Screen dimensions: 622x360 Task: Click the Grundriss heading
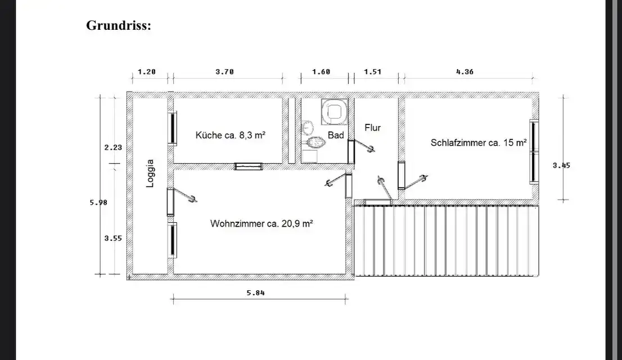[x=119, y=26]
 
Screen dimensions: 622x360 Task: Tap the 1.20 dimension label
[x=146, y=72]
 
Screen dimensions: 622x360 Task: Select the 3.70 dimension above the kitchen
[x=224, y=72]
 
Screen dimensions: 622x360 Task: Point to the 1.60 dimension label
[x=321, y=72]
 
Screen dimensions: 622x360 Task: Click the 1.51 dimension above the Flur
[x=372, y=72]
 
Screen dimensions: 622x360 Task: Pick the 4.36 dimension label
[x=465, y=72]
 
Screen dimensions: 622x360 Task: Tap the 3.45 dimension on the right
[x=561, y=165]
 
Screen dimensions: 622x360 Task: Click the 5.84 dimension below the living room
[x=255, y=293]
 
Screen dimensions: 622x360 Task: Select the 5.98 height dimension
[x=98, y=202]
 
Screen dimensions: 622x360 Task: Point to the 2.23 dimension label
[x=113, y=147]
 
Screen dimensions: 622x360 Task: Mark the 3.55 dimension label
[x=113, y=238]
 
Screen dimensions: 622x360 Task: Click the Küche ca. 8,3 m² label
[x=231, y=136]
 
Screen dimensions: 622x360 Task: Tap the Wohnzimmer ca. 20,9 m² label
[x=262, y=224]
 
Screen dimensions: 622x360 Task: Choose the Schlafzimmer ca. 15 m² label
[x=479, y=142]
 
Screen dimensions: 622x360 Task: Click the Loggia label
[x=150, y=173]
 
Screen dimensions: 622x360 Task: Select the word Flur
[x=372, y=128]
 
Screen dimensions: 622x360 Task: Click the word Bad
[x=336, y=136]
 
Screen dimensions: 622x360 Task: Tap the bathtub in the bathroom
[x=335, y=111]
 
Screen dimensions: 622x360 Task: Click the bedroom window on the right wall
[x=534, y=151]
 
